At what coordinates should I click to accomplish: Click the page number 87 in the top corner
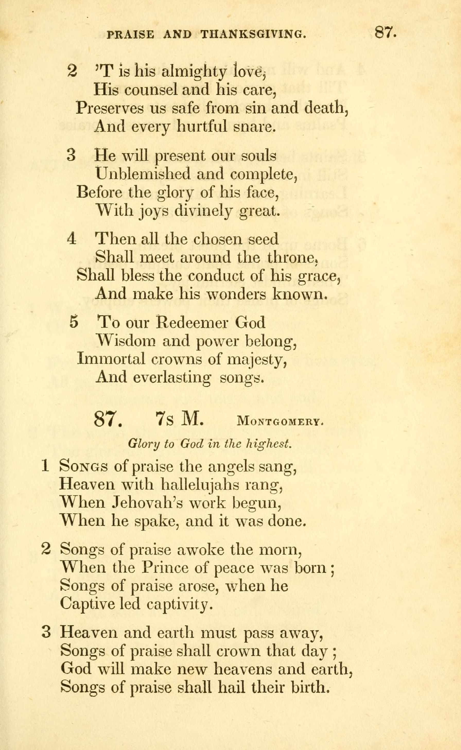coord(385,32)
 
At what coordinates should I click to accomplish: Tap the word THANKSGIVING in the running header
coord(253,35)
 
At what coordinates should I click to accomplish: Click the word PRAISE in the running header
coord(131,35)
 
